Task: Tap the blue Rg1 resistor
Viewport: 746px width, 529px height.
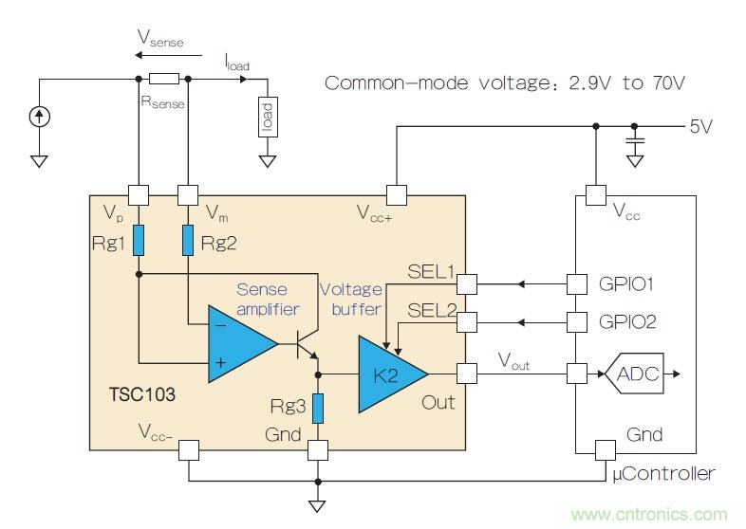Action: click(x=139, y=240)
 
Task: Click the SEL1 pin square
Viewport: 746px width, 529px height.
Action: click(x=466, y=283)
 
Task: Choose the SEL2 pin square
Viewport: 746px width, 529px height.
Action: click(x=466, y=322)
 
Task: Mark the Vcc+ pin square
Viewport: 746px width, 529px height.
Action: click(x=397, y=196)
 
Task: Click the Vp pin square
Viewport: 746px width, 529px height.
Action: click(x=139, y=196)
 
